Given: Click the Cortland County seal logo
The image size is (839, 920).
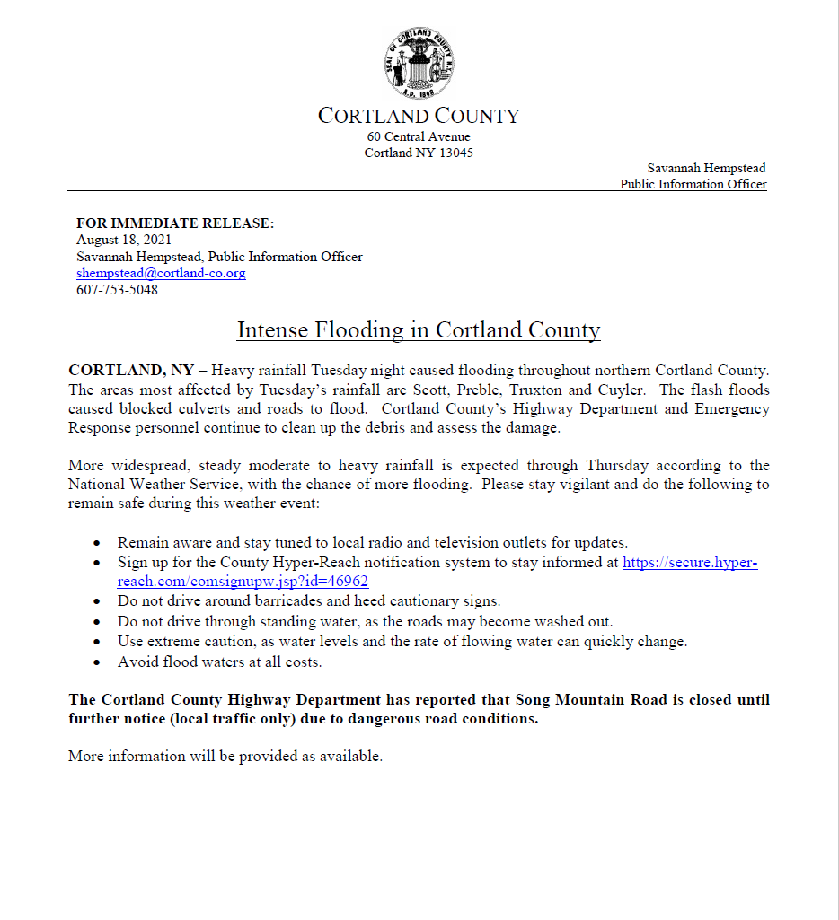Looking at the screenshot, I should (419, 63).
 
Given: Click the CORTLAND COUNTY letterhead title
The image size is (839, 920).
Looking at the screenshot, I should (419, 116).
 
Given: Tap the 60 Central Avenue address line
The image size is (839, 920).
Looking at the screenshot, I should (419, 136).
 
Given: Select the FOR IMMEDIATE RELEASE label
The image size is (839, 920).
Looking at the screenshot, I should (175, 223).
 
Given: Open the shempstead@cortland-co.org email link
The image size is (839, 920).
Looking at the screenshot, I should (161, 273).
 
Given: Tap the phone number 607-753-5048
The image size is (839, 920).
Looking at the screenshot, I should (117, 290).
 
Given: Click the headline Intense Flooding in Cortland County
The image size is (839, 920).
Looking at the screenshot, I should (419, 330).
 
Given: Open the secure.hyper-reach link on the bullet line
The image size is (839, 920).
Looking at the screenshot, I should (690, 563).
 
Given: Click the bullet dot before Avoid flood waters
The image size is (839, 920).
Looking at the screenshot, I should (97, 663).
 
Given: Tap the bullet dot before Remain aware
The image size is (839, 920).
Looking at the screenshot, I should (97, 543).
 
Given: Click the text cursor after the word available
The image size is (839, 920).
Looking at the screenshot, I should (384, 757).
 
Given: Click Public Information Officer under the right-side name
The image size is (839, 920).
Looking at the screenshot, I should (693, 184).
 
